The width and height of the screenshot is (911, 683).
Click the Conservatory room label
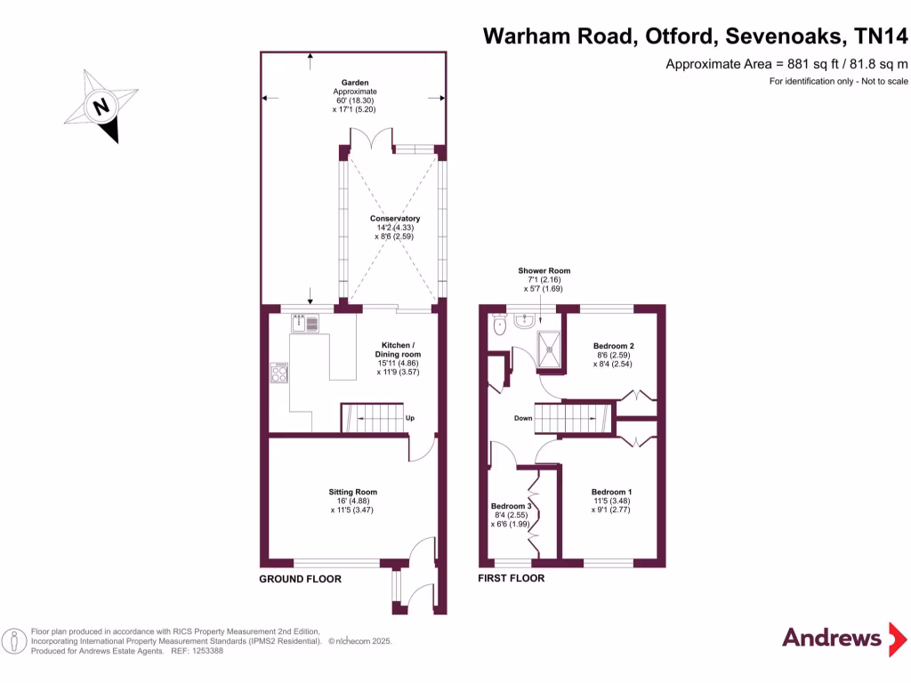tap(395, 219)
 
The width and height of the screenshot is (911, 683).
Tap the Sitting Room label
tap(353, 492)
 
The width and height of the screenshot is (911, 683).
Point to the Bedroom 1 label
tap(612, 492)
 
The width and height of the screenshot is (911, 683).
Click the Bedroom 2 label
tap(613, 345)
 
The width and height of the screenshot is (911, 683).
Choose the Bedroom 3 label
tap(511, 507)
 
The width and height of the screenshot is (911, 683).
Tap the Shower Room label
tap(544, 270)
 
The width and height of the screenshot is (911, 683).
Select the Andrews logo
tap(831, 637)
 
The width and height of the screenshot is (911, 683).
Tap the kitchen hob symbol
tap(279, 373)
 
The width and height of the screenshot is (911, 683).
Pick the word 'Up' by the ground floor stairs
tap(410, 418)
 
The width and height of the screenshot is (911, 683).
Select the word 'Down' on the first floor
tap(522, 418)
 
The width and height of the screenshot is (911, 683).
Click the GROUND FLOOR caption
tap(300, 579)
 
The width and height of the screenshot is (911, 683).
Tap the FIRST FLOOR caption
tap(511, 579)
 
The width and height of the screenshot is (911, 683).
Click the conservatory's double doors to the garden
tap(370, 140)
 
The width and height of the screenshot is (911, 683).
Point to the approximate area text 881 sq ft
tap(786, 63)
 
